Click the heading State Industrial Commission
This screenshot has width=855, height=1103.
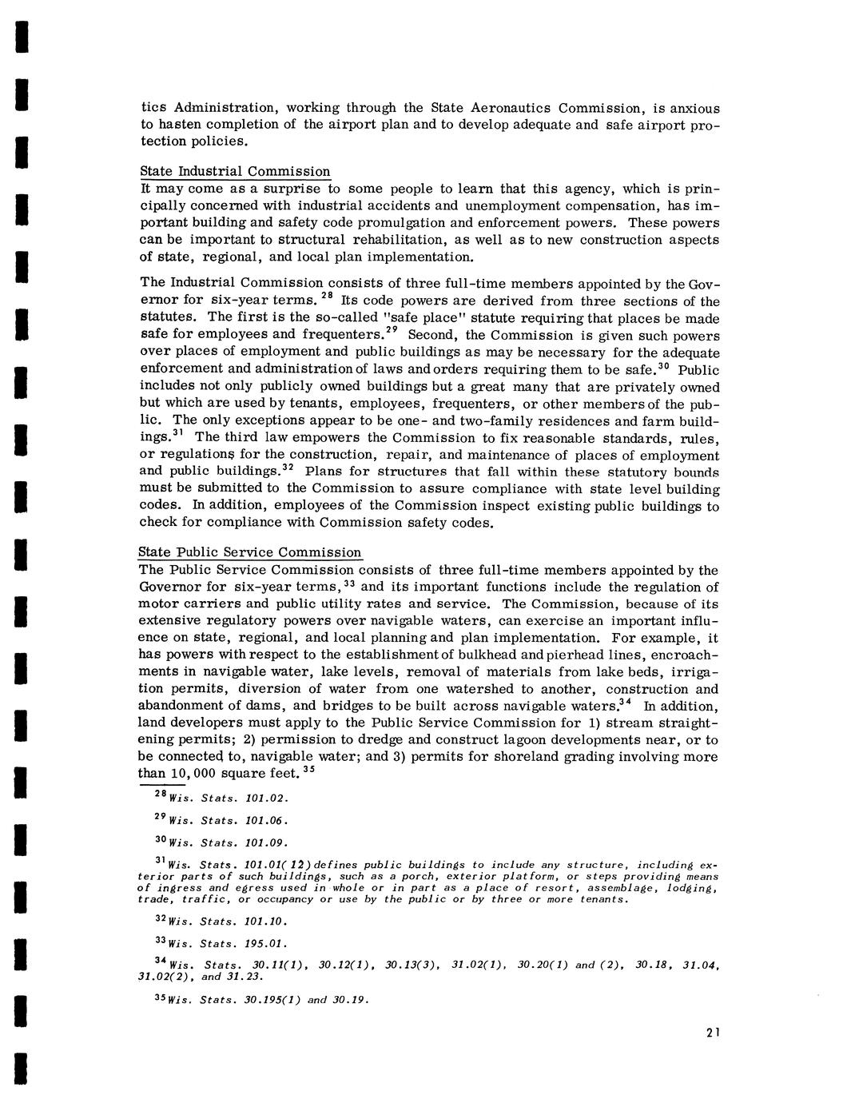click(235, 172)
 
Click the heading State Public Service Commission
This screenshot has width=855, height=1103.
click(250, 553)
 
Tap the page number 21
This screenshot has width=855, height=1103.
click(714, 1033)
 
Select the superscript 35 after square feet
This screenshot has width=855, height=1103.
click(309, 771)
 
